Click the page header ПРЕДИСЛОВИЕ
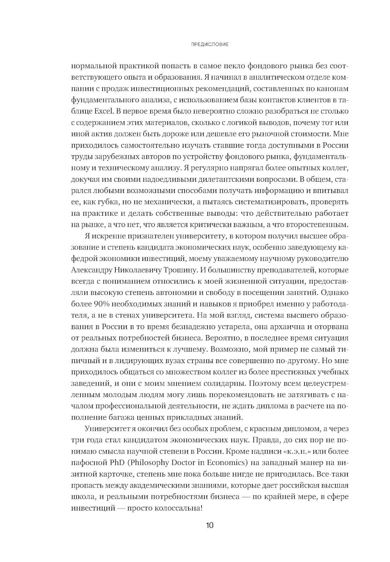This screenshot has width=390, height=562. (x=210, y=44)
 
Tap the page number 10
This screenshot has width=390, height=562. (x=210, y=525)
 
